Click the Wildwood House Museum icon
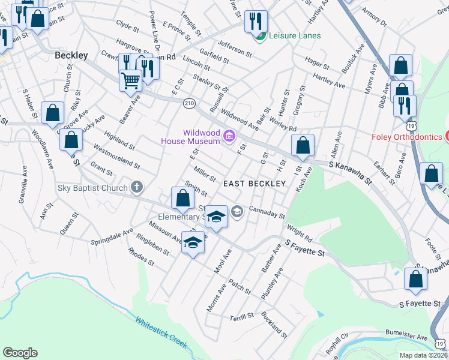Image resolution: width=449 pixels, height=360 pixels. click(229, 137)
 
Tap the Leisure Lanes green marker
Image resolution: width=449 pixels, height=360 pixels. click(261, 36)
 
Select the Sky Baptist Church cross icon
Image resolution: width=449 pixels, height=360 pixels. click(137, 187)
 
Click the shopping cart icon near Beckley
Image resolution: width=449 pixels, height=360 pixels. click(130, 79)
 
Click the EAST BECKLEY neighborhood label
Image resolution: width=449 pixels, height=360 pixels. click(250, 184)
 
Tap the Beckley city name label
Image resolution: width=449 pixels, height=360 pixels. click(71, 55)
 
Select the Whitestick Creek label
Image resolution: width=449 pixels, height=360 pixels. click(161, 333)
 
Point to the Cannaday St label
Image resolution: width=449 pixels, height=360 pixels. click(266, 213)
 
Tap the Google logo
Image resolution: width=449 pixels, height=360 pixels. click(20, 353)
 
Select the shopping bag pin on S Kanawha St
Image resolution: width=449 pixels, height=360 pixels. click(303, 145)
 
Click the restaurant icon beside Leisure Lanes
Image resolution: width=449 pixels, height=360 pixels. click(256, 21)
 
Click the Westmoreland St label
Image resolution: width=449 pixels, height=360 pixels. click(116, 157)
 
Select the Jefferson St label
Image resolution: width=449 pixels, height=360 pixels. click(234, 48)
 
